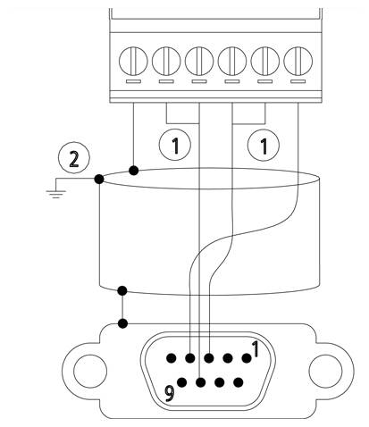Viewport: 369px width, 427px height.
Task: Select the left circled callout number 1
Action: pos(180,145)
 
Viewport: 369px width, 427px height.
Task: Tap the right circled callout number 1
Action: pos(263,145)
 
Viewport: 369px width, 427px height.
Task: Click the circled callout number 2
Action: pos(73,159)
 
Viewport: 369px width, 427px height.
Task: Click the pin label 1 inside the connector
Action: pos(256,349)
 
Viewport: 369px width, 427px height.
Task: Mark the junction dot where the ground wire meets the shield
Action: pos(98,180)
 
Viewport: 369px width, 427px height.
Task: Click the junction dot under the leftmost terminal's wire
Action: pos(134,170)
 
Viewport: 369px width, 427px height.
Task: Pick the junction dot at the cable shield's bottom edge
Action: pos(123,290)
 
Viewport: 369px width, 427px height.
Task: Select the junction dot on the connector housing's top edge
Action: pos(123,322)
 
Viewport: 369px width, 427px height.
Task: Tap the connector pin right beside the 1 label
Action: pos(245,358)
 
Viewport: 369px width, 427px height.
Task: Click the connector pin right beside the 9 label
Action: pos(181,383)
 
